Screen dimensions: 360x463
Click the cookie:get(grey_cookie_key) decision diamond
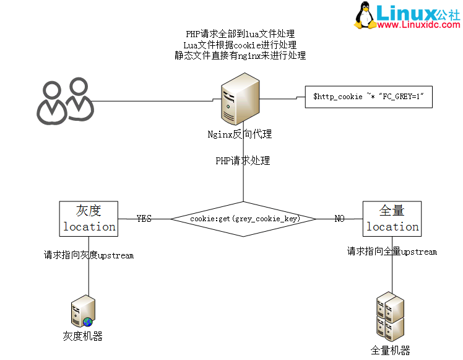click(244, 219)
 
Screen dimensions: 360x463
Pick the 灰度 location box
click(89, 219)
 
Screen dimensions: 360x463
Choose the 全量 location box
click(392, 219)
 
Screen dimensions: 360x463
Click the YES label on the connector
click(144, 219)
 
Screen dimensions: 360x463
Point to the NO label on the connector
click(339, 219)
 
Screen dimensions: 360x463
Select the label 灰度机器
click(82, 336)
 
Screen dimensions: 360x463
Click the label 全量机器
click(390, 350)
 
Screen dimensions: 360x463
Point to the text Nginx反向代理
click(240, 134)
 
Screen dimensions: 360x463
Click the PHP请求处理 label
click(243, 160)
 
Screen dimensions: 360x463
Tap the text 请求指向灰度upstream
click(89, 255)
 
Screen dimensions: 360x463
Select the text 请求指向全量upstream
click(392, 252)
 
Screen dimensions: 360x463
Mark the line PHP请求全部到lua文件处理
click(240, 34)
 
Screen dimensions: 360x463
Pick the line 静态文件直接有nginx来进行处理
click(240, 56)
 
